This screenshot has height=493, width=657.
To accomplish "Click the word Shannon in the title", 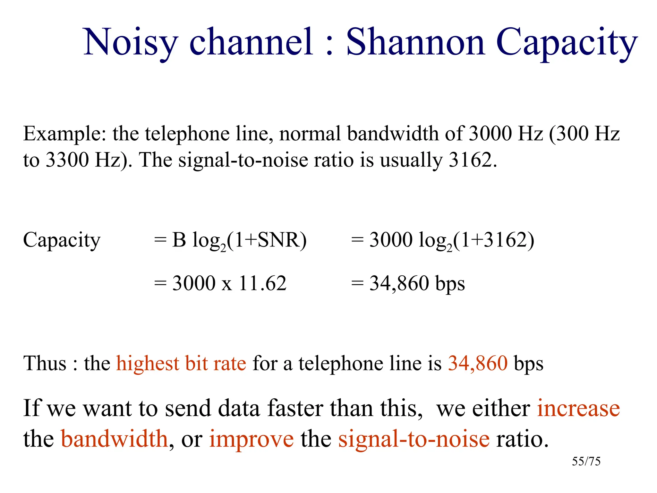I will (x=415, y=42).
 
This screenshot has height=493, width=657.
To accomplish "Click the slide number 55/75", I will (x=586, y=461).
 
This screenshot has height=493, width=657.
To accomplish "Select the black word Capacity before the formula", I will (x=62, y=240).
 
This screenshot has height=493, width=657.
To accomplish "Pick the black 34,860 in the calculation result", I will (x=399, y=283).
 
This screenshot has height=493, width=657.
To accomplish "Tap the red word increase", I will (x=578, y=408).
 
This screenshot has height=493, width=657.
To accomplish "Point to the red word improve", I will (x=251, y=439).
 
